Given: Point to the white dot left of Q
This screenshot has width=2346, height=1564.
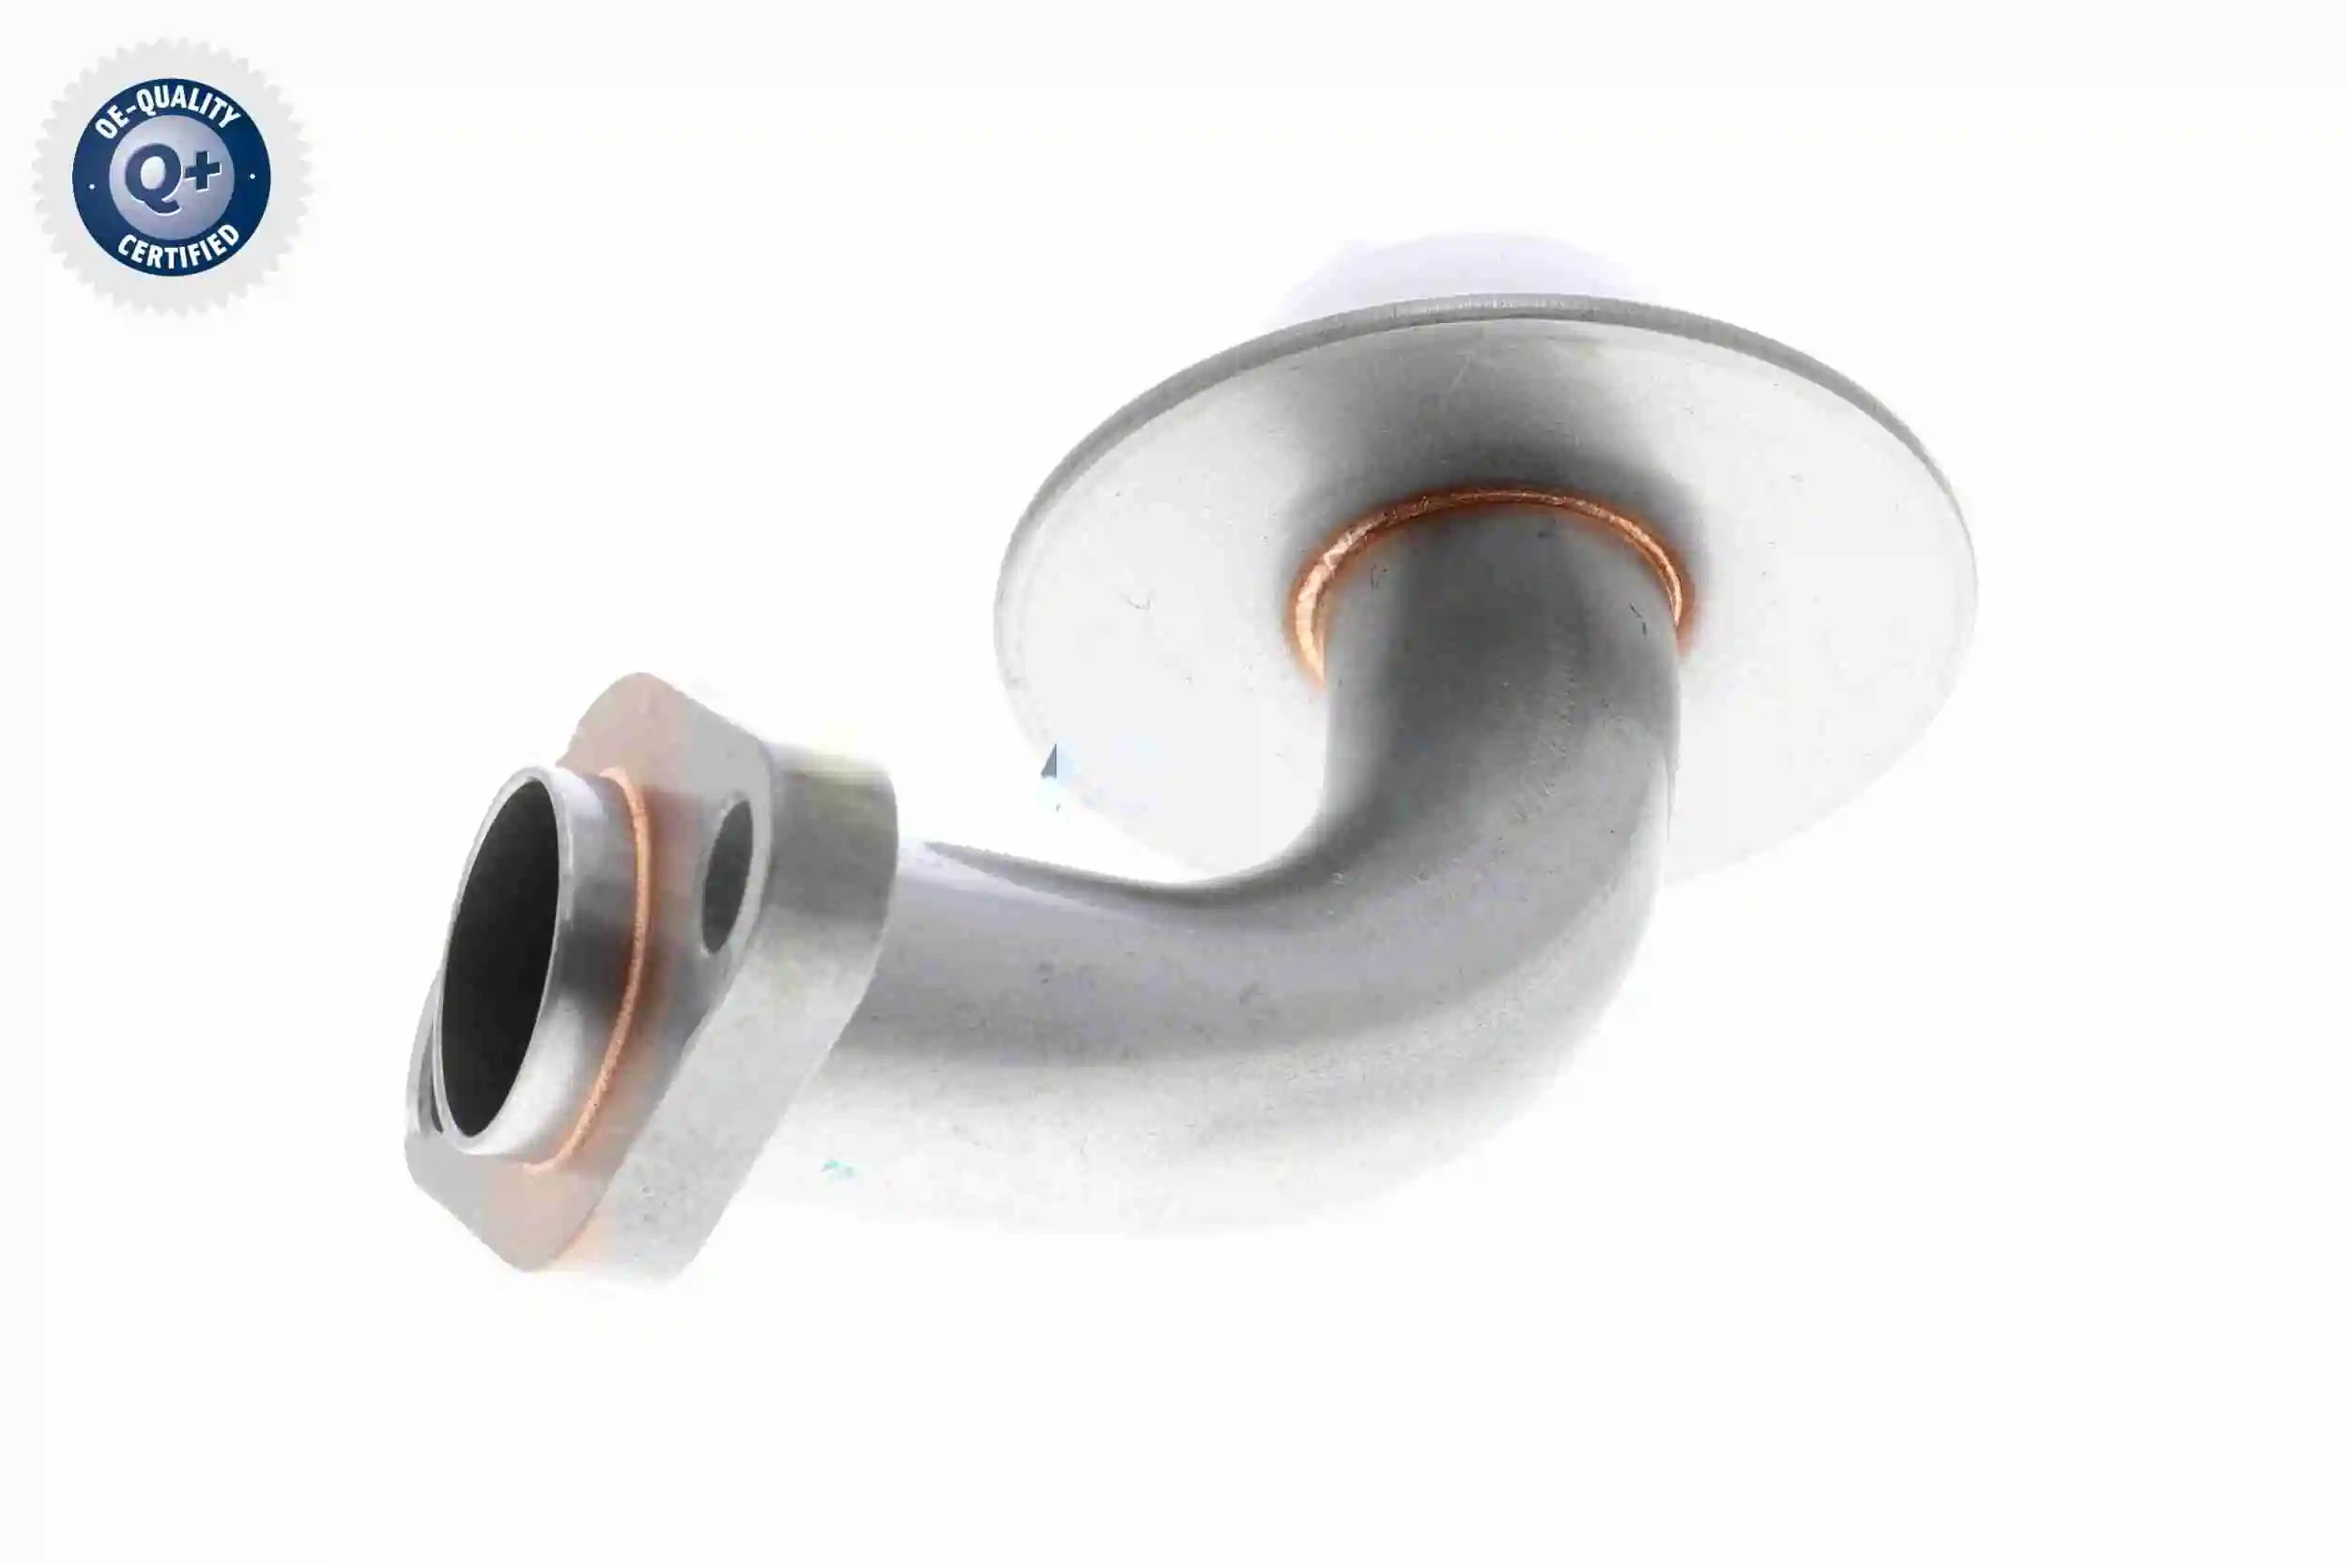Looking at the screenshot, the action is pyautogui.click(x=92, y=186).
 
